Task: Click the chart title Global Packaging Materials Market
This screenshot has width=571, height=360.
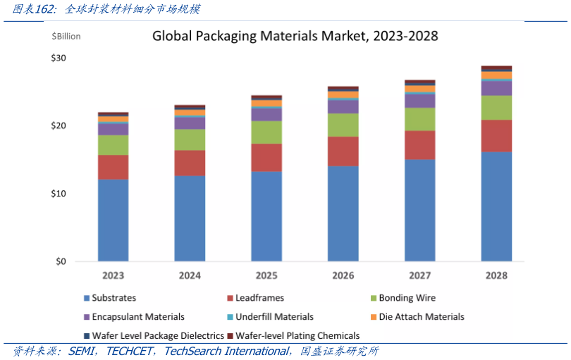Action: point(295,35)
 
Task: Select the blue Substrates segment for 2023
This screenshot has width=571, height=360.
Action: point(113,220)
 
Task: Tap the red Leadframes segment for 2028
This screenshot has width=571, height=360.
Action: point(496,135)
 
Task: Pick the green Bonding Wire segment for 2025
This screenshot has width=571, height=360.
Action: point(266,132)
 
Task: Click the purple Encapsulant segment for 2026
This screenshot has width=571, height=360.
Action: point(343,106)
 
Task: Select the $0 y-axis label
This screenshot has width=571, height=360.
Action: point(61,261)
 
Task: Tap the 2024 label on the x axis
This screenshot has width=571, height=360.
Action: point(190,275)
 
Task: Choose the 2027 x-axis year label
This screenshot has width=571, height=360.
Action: point(419,275)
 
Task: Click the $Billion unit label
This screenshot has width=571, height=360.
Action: point(66,36)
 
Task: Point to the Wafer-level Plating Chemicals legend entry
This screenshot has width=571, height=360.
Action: point(297,336)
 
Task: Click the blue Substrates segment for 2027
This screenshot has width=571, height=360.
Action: point(419,210)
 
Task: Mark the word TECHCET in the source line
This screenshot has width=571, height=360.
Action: point(132,351)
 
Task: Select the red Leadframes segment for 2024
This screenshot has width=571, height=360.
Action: point(190,163)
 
